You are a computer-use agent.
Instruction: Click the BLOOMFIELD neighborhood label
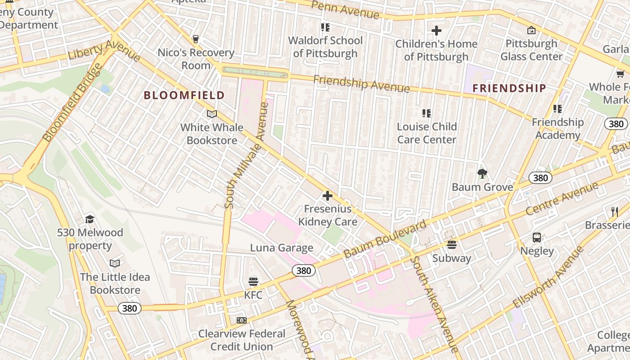(x=184, y=95)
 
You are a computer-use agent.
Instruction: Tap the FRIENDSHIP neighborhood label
(x=509, y=88)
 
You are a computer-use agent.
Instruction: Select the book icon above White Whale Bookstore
(x=211, y=114)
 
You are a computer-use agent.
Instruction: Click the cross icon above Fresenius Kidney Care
(x=328, y=196)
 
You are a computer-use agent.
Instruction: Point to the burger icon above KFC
(x=253, y=282)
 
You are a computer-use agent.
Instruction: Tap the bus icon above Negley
(x=536, y=238)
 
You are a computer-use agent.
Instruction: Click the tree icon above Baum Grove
(x=482, y=174)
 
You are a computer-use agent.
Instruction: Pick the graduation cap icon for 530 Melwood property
(x=90, y=220)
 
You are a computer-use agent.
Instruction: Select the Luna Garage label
(x=282, y=248)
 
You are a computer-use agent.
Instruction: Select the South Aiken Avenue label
(x=434, y=304)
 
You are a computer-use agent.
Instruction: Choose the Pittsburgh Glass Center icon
(x=531, y=30)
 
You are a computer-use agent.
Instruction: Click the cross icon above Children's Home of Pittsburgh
(x=436, y=31)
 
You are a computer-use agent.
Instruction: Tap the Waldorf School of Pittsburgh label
(x=325, y=47)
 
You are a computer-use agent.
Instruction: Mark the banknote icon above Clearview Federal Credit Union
(x=242, y=320)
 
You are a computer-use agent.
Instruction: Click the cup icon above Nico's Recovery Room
(x=196, y=39)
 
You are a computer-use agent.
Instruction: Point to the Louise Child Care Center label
(x=427, y=133)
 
